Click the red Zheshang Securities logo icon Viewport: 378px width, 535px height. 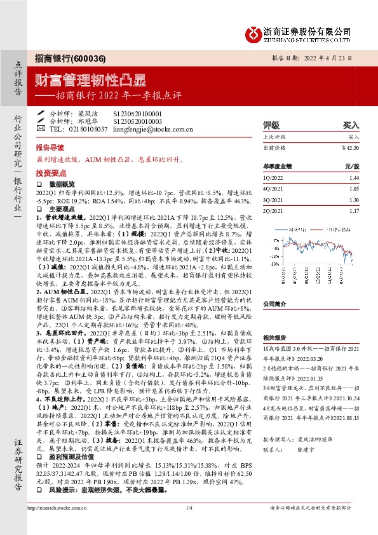coord(254,32)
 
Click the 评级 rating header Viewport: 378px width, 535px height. coord(271,125)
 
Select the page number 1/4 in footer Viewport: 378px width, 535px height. coord(189,525)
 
